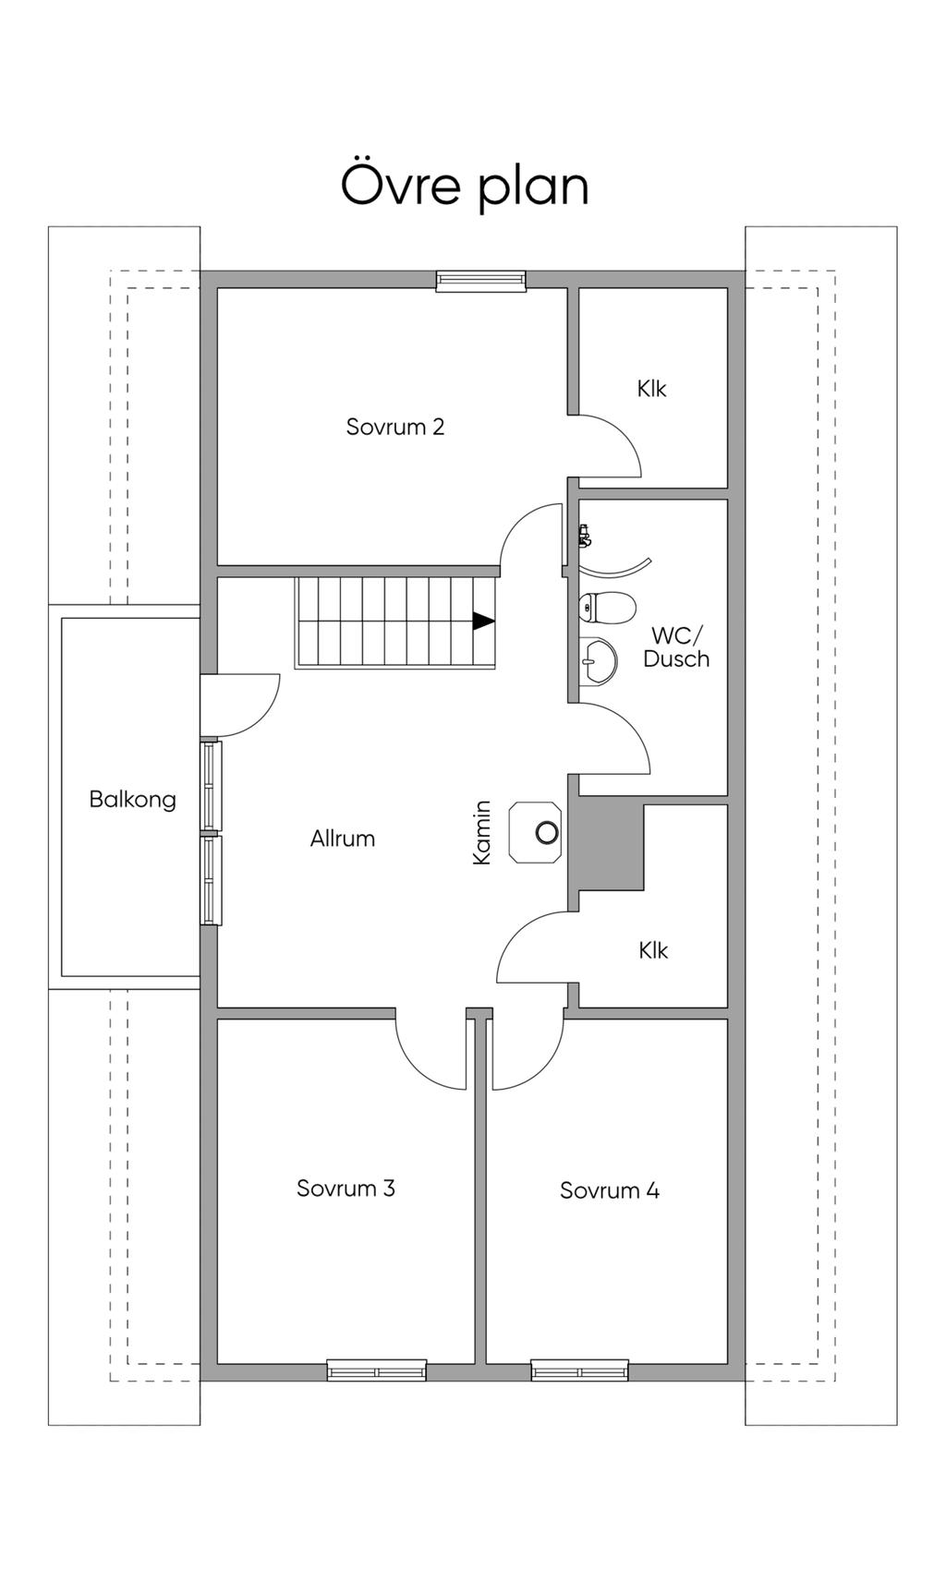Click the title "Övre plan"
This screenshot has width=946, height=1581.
[465, 187]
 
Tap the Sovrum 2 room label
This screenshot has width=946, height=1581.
[395, 427]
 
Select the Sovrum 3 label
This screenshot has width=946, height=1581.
[346, 1189]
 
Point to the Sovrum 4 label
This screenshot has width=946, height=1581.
[610, 1190]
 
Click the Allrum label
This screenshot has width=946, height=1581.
[343, 839]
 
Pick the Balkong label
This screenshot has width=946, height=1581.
[132, 799]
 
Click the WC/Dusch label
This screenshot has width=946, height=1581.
[676, 647]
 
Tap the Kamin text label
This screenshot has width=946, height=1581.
[481, 832]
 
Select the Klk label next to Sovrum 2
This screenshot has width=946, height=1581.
[651, 389]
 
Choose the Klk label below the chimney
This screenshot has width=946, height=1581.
[652, 950]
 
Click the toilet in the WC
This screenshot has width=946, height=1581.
[607, 608]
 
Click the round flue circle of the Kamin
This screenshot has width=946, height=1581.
[547, 832]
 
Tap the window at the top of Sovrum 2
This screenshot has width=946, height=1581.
[480, 281]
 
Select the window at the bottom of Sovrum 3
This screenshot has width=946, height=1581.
[377, 1370]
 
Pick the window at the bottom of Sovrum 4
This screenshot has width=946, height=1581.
[579, 1370]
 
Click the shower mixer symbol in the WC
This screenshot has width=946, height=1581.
[583, 535]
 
